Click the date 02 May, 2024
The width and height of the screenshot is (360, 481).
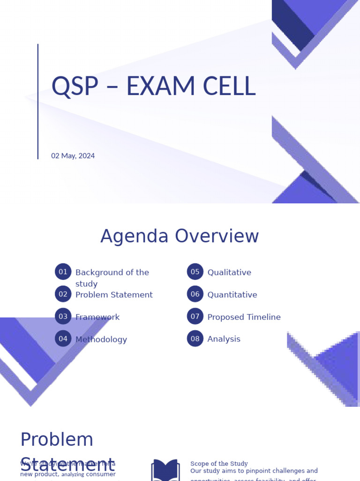click(x=73, y=155)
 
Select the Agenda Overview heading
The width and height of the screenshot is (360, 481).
click(x=180, y=236)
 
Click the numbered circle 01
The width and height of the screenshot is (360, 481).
click(x=63, y=272)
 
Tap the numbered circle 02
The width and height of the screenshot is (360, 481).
click(x=63, y=294)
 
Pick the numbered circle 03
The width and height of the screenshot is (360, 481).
click(x=63, y=316)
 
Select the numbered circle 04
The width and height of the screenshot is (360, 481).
click(x=63, y=338)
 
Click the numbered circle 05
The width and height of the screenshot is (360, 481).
click(x=195, y=272)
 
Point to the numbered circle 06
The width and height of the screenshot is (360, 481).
click(x=195, y=294)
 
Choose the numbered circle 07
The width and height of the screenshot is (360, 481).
click(x=195, y=316)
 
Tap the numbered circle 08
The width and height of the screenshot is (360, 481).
click(x=195, y=338)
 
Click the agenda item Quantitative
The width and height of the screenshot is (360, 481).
click(x=232, y=295)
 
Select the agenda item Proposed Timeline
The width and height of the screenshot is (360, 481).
click(x=244, y=317)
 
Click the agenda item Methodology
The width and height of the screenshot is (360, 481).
click(x=101, y=339)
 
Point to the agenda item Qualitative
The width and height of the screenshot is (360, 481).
click(x=229, y=272)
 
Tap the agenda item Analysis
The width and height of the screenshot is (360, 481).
click(x=224, y=339)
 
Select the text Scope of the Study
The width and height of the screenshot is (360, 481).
click(x=219, y=463)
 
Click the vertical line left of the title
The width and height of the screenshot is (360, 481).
click(x=38, y=101)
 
